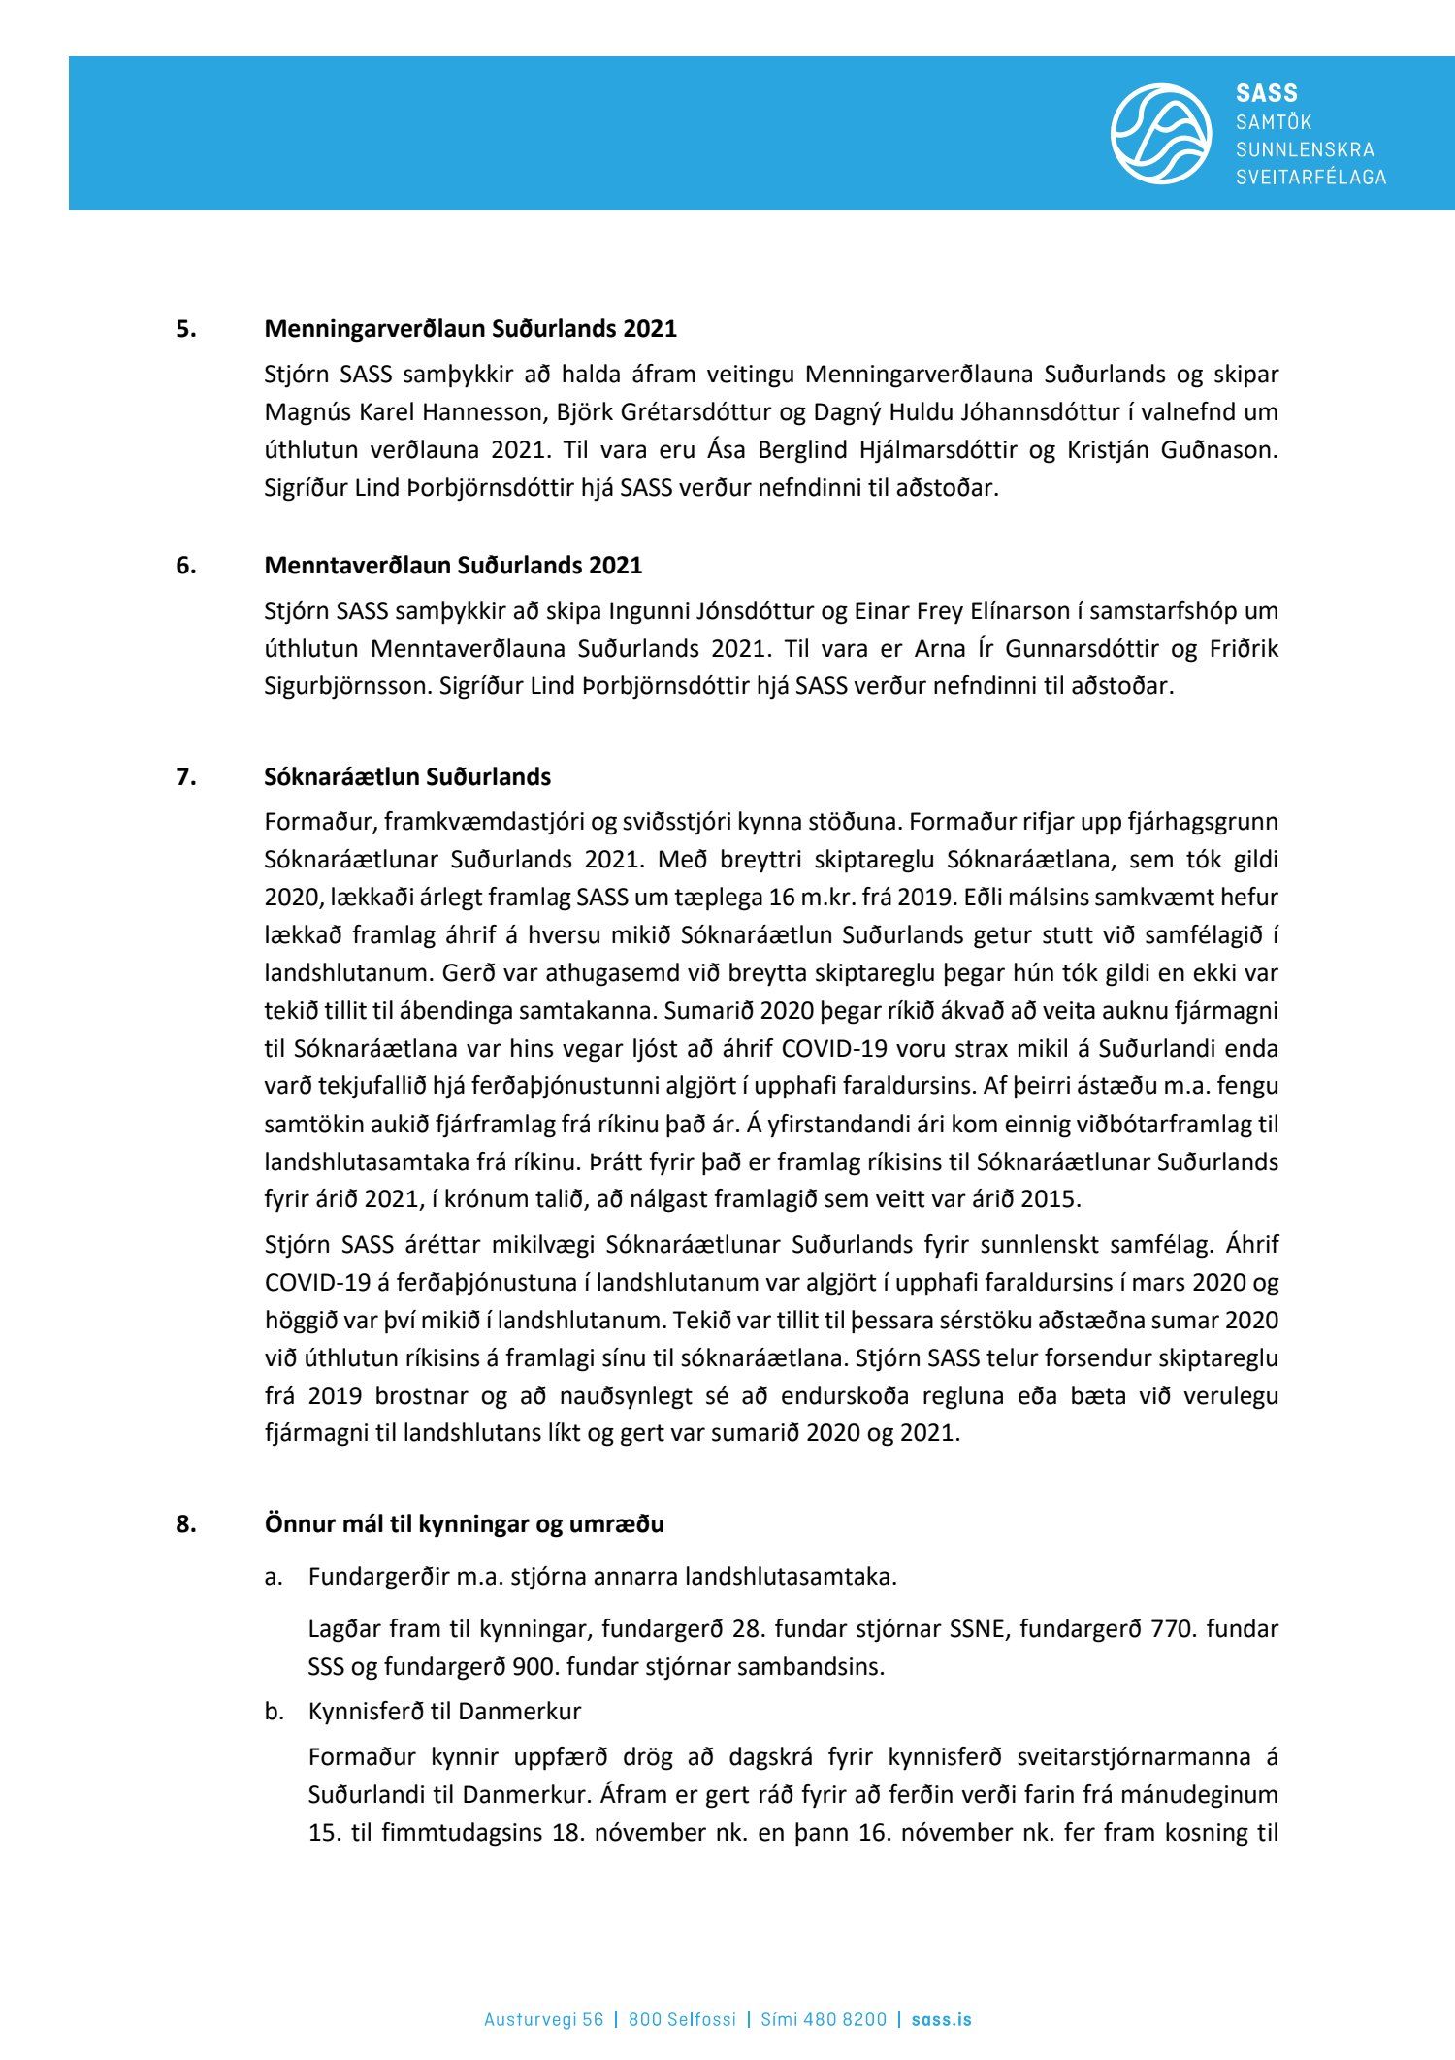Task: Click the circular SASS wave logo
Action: click(x=1160, y=134)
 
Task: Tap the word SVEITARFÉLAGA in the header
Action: click(x=1310, y=178)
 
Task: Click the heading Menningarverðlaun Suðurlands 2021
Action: click(x=470, y=329)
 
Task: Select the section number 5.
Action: click(x=185, y=329)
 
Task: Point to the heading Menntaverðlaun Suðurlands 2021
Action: click(x=453, y=565)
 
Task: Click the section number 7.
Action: click(x=185, y=777)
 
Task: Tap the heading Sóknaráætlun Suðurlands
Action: click(x=407, y=777)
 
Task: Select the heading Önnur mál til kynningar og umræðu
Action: click(x=464, y=1523)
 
